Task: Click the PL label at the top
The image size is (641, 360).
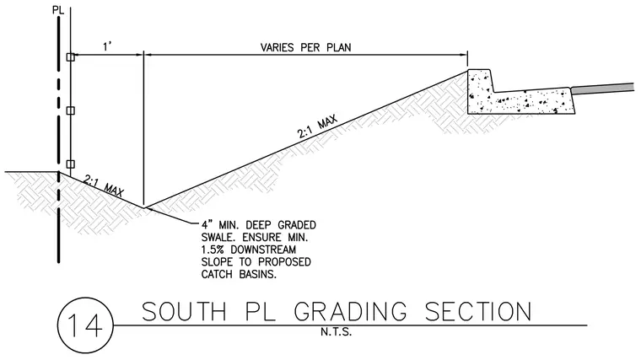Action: pos(58,10)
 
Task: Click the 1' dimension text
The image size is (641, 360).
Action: pos(107,46)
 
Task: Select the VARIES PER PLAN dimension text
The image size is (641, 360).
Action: pos(306,47)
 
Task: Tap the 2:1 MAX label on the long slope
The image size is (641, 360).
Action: pos(317,127)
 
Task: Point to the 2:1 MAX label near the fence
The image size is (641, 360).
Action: pos(104,185)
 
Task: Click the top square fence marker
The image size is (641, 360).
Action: pos(70,57)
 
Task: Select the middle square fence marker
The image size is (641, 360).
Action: pos(70,110)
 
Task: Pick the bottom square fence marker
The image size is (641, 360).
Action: pos(70,164)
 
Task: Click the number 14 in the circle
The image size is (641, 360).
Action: pos(84,325)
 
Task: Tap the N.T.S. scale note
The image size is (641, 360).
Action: pos(336,332)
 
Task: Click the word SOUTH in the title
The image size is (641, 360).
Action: pos(184,312)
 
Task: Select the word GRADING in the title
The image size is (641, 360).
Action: pos(350,312)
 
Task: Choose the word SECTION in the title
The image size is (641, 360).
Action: pos(478,312)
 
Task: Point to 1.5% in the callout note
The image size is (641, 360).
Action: pos(213,250)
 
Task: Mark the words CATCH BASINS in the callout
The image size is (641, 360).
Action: pos(239,274)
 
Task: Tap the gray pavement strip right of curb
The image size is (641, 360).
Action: pos(602,89)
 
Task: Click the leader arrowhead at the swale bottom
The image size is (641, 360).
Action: pos(148,209)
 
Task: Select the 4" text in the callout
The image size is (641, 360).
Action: pos(206,225)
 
